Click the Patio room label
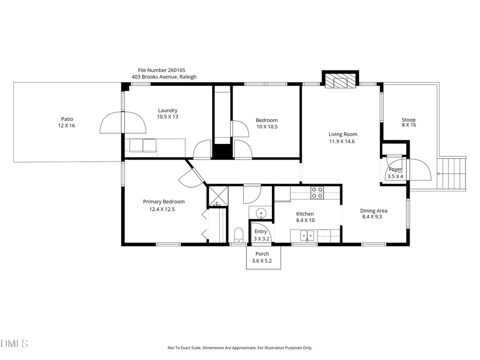[x=67, y=122]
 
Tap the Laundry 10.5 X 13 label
[x=167, y=113]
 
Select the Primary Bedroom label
[x=163, y=205]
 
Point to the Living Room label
[x=342, y=138]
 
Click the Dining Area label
[x=374, y=213]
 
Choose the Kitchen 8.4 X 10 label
[x=305, y=217]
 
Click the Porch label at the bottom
[x=262, y=257]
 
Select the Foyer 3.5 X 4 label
[x=395, y=172]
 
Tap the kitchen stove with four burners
[x=317, y=192]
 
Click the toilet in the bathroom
[x=238, y=235]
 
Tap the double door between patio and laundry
[x=123, y=122]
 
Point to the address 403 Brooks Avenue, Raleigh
[x=164, y=77]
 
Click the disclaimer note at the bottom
[x=239, y=348]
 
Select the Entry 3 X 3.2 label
[x=260, y=235]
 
